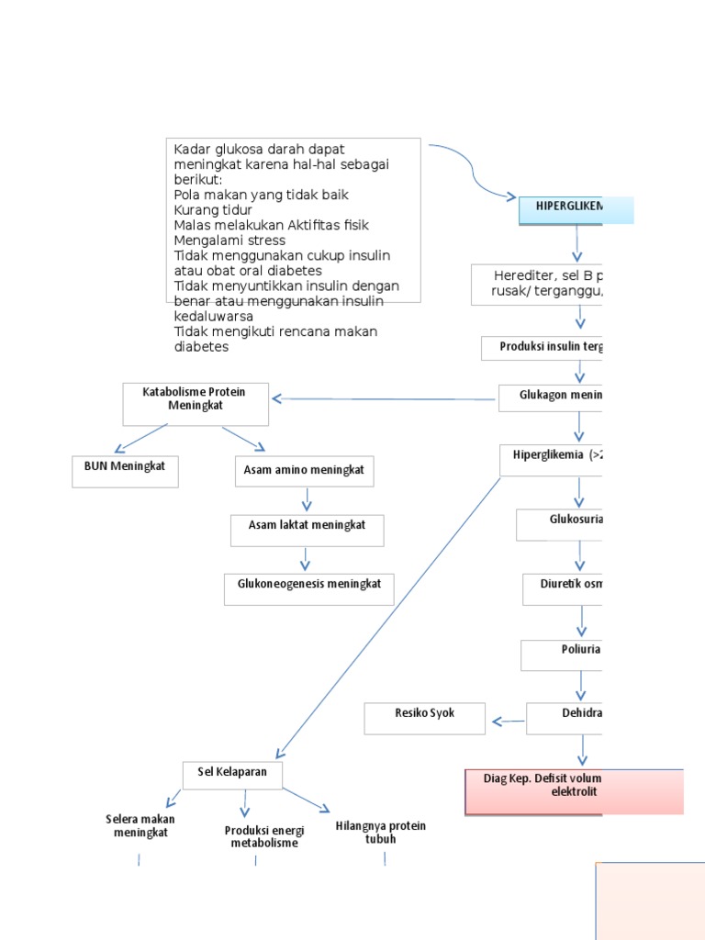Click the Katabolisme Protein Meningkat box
tap(196, 404)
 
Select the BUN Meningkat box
tap(125, 471)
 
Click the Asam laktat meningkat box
tap(307, 530)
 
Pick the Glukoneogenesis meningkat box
tap(308, 589)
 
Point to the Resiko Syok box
tap(424, 719)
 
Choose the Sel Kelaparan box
tap(232, 775)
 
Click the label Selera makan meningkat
tap(140, 826)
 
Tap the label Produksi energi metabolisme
tap(263, 836)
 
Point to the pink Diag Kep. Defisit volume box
tap(574, 792)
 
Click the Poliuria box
tap(562, 655)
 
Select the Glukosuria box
tap(560, 525)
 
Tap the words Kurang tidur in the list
tap(213, 210)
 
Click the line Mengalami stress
tap(229, 241)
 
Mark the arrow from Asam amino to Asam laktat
tap(307, 500)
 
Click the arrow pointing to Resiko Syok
tap(507, 722)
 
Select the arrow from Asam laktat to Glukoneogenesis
tap(306, 560)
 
